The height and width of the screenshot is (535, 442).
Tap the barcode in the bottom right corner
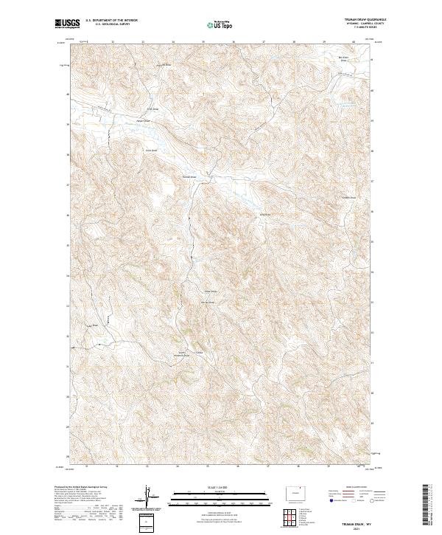[x=426, y=505]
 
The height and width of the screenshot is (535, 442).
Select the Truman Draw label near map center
[x=187, y=177]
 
